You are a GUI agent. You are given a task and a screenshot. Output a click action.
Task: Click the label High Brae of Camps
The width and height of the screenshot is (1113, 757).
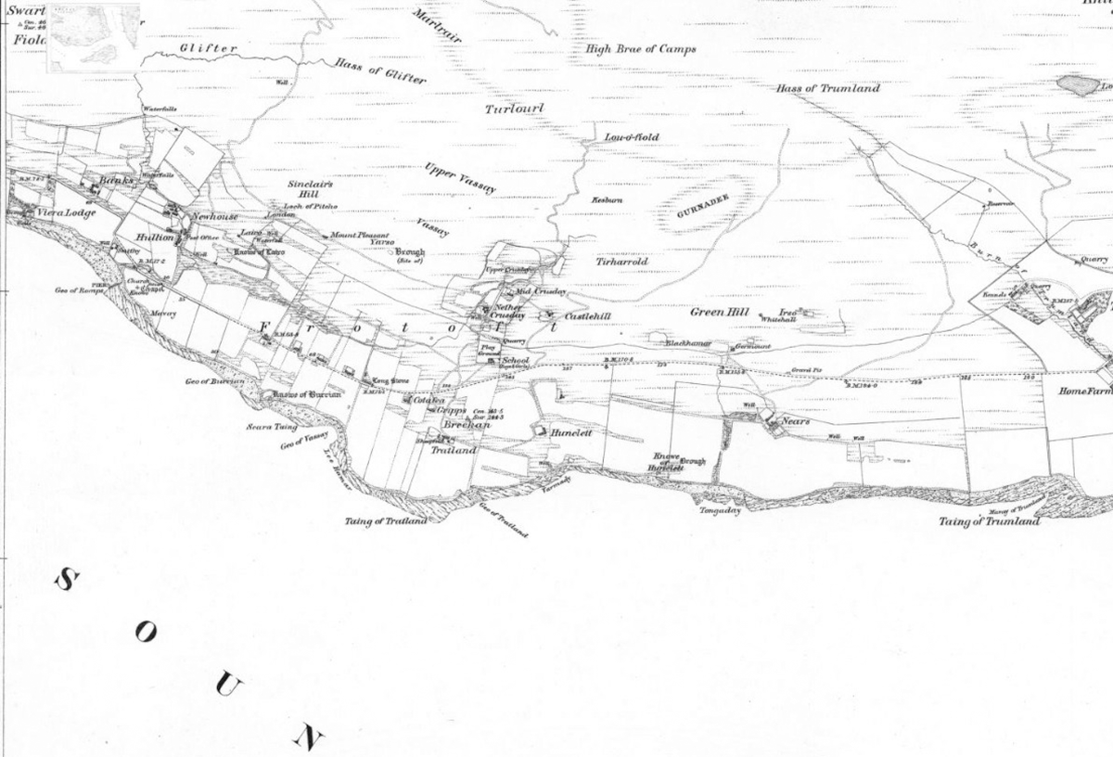click(641, 48)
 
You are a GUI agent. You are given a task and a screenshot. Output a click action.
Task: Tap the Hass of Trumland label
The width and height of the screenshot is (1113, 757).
click(828, 88)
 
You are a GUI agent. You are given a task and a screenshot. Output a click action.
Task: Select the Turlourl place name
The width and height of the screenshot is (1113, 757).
click(515, 109)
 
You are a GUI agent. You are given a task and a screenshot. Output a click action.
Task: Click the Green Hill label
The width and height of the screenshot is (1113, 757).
click(719, 313)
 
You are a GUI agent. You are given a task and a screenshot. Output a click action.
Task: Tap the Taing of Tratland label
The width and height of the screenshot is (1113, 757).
click(386, 521)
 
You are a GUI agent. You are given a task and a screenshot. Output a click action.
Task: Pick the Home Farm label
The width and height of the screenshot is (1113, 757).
click(1085, 391)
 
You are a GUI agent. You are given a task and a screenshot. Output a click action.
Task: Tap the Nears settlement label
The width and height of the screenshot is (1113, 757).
click(797, 421)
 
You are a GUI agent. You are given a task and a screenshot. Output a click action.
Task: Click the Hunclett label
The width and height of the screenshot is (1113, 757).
click(570, 432)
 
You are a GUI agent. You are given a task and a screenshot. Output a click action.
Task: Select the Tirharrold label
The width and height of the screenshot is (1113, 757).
click(620, 263)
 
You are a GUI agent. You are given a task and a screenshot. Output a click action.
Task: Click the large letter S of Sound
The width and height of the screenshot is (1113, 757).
click(68, 581)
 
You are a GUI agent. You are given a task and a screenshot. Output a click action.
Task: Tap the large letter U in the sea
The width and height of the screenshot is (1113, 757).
click(228, 686)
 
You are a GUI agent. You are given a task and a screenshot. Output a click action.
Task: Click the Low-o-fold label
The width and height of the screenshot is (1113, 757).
click(632, 137)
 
